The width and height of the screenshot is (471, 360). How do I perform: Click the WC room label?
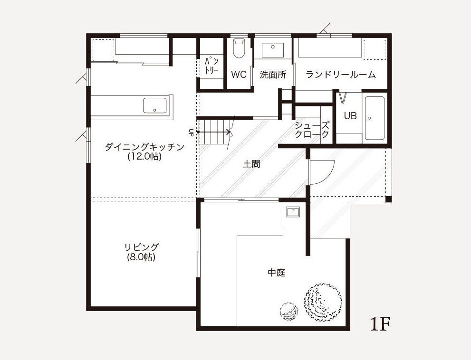tap(239, 75)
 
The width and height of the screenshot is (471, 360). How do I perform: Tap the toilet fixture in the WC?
tap(240, 48)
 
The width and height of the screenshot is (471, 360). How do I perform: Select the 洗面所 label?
tap(273, 75)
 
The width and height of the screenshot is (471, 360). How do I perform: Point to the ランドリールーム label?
tap(341, 74)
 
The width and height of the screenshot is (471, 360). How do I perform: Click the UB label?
tap(350, 115)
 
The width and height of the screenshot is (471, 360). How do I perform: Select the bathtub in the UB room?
tap(375, 118)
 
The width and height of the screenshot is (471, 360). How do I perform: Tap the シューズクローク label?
tap(312, 130)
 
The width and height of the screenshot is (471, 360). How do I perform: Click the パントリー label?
tap(212, 66)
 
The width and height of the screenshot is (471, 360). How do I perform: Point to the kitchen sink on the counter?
tap(154, 105)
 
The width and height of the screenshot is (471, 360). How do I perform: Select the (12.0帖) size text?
tap(144, 156)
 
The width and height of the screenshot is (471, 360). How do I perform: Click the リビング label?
tap(141, 247)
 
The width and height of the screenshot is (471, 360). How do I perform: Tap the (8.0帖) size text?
tap(141, 257)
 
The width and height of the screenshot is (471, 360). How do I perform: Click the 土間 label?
tap(251, 164)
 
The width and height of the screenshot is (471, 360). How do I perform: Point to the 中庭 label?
tap(276, 273)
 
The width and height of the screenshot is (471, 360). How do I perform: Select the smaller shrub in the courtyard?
tap(289, 312)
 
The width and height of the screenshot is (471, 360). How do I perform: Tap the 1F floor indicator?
tap(380, 324)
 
